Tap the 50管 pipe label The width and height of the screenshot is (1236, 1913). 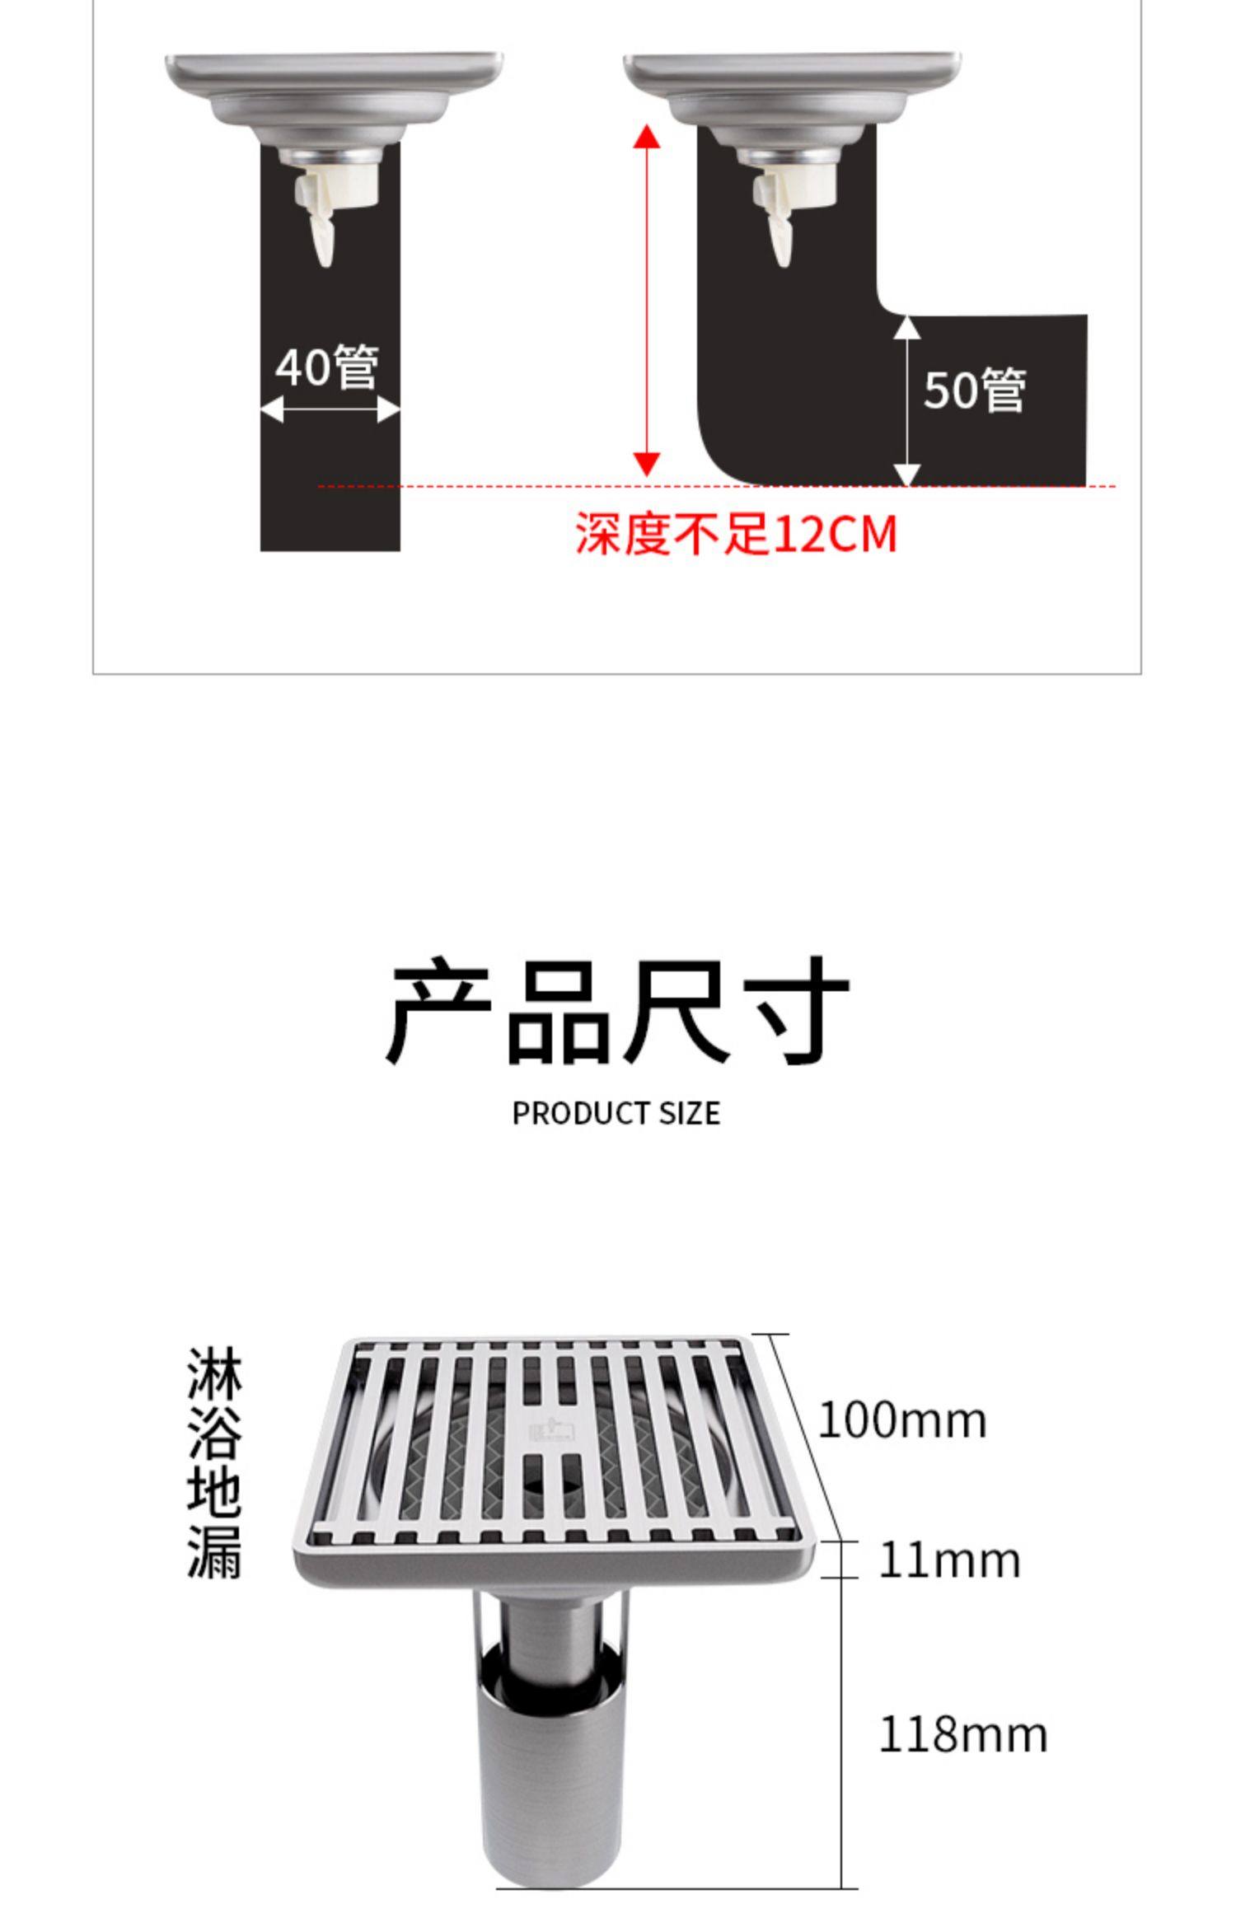pyautogui.click(x=974, y=390)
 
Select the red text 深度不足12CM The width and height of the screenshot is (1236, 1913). pyautogui.click(x=735, y=534)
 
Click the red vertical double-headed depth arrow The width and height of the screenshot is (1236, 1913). pyautogui.click(x=648, y=301)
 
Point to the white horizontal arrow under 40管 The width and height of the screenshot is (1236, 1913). pyautogui.click(x=330, y=409)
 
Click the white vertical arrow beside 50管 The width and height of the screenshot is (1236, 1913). pyautogui.click(x=906, y=401)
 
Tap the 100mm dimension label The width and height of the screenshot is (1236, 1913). pyautogui.click(x=901, y=1420)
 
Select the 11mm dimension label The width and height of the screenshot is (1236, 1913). pyautogui.click(x=948, y=1560)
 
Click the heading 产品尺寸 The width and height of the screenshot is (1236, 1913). pyautogui.click(x=617, y=1012)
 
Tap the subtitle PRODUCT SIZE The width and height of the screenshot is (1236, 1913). pyautogui.click(x=616, y=1114)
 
